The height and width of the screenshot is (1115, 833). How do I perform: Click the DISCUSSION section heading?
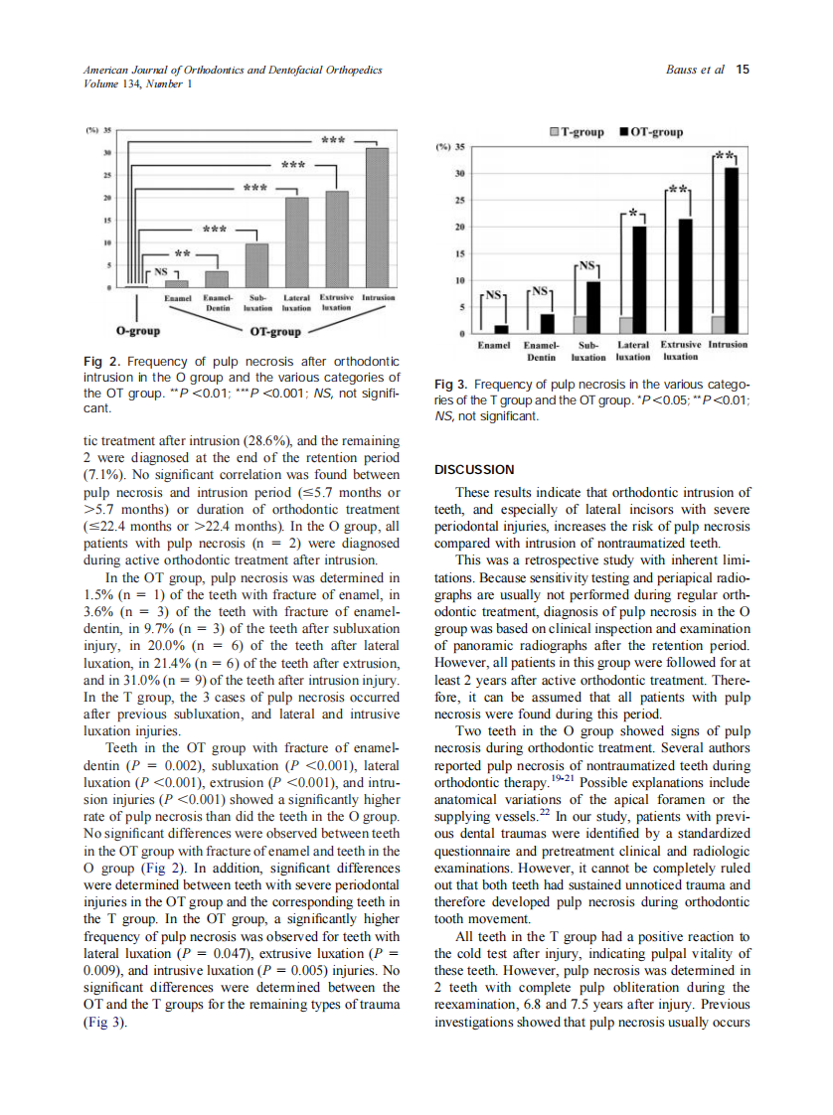[x=474, y=469]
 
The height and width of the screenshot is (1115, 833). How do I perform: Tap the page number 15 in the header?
[x=743, y=70]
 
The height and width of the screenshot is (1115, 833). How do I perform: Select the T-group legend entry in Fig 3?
[x=578, y=132]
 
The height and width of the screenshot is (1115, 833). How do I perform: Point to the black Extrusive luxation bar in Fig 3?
[x=684, y=276]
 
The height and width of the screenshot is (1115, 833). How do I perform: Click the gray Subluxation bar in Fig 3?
[x=580, y=325]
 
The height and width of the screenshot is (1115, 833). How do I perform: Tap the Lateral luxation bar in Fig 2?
[x=297, y=242]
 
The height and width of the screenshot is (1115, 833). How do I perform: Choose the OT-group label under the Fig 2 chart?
[x=275, y=331]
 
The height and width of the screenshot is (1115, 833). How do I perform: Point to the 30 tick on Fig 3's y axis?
[x=458, y=174]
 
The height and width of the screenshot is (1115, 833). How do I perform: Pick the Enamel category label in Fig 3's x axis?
[x=494, y=345]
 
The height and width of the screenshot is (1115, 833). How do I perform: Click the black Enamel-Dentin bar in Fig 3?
[x=547, y=324]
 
